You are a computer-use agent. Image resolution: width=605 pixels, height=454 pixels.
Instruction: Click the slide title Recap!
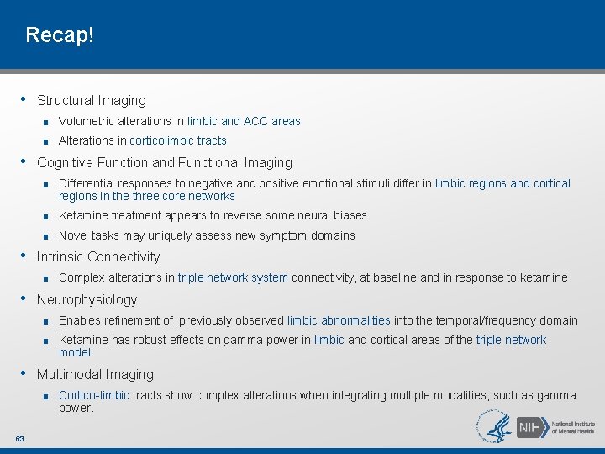pos(60,34)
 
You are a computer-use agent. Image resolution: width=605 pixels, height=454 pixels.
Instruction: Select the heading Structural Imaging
pos(92,100)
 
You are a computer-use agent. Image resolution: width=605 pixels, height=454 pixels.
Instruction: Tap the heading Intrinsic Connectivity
pos(98,256)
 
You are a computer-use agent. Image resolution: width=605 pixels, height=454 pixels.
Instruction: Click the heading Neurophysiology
pos(87,299)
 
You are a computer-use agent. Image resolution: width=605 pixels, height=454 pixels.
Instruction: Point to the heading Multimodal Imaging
pos(95,374)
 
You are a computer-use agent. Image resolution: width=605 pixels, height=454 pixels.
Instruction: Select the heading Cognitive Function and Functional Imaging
pos(165,162)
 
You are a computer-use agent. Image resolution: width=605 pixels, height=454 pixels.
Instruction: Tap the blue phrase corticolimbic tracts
pos(178,140)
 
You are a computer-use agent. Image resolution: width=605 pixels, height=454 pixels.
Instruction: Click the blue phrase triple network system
pos(233,277)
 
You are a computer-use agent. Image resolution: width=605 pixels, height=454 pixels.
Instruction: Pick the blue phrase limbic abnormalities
pos(339,320)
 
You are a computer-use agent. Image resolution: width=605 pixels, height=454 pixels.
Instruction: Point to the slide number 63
pos(19,438)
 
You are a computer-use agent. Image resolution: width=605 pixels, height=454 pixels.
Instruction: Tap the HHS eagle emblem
pos(495,427)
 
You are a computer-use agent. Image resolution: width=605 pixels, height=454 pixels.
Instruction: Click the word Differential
pos(87,183)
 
